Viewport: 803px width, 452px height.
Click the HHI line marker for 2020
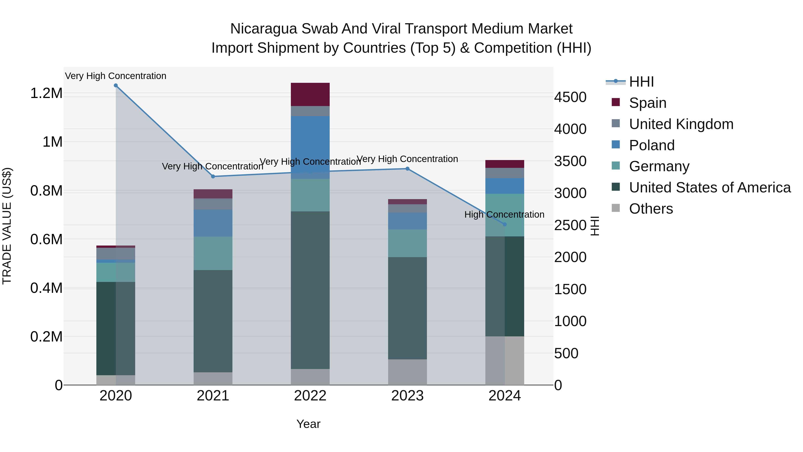pyautogui.click(x=116, y=85)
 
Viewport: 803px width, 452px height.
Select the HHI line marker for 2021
pyautogui.click(x=213, y=177)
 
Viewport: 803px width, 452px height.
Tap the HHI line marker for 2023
pyautogui.click(x=408, y=169)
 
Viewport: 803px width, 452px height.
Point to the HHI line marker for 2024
pyautogui.click(x=505, y=224)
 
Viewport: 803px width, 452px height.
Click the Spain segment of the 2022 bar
pyautogui.click(x=310, y=94)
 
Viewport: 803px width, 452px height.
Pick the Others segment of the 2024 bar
pyautogui.click(x=505, y=361)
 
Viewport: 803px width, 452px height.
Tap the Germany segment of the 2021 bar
pyautogui.click(x=213, y=253)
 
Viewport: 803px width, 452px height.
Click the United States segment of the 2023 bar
pyautogui.click(x=408, y=308)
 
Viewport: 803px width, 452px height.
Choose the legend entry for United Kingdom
pyautogui.click(x=681, y=124)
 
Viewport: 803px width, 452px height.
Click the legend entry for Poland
pyautogui.click(x=652, y=145)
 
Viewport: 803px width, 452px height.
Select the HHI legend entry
pyautogui.click(x=641, y=82)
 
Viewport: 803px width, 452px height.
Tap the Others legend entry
pyautogui.click(x=651, y=209)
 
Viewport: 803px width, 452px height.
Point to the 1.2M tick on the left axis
pyautogui.click(x=46, y=93)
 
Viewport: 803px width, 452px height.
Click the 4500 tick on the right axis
pyautogui.click(x=570, y=97)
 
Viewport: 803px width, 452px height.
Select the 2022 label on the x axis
pyautogui.click(x=310, y=396)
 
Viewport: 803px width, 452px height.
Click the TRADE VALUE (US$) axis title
pyautogui.click(x=7, y=226)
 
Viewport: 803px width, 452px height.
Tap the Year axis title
pyautogui.click(x=308, y=424)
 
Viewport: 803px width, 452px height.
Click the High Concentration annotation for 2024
pyautogui.click(x=504, y=215)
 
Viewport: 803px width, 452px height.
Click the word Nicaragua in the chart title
pyautogui.click(x=263, y=29)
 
